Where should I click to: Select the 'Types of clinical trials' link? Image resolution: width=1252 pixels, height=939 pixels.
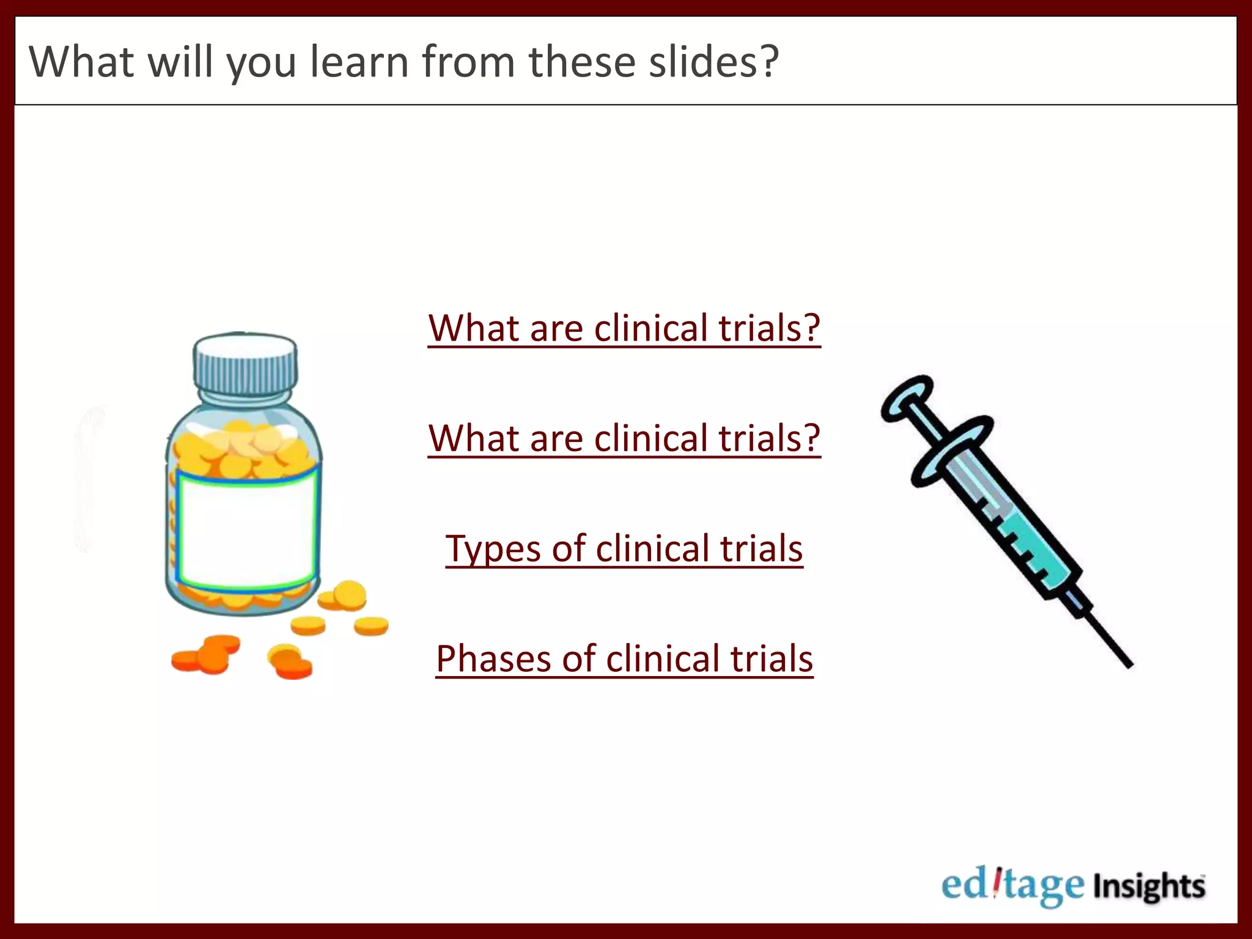(x=624, y=548)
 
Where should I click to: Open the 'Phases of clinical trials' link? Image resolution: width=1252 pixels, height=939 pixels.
(x=624, y=658)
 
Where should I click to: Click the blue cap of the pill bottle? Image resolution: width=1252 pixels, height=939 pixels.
(x=245, y=364)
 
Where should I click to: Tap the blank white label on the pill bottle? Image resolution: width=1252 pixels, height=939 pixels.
(x=247, y=529)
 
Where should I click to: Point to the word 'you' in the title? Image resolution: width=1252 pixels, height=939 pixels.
(x=262, y=64)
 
